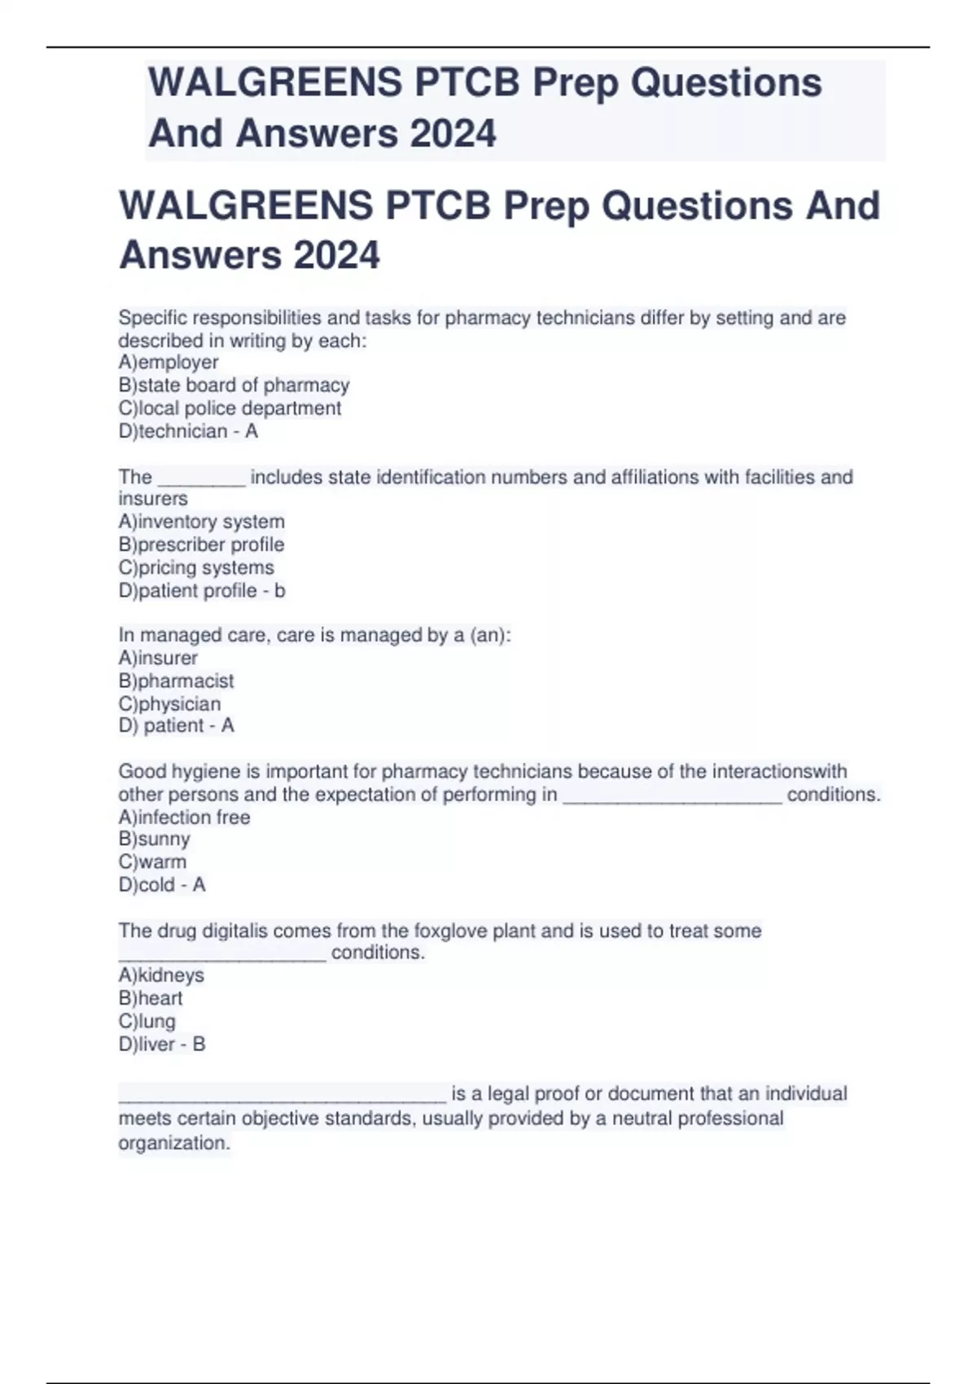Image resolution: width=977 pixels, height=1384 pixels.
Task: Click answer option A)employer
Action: pyautogui.click(x=169, y=362)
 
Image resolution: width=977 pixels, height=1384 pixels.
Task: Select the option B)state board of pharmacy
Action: pyautogui.click(x=234, y=385)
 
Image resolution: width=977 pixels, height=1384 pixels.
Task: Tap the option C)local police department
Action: pyautogui.click(x=230, y=408)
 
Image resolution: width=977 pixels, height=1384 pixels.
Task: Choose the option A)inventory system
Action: pyautogui.click(x=201, y=521)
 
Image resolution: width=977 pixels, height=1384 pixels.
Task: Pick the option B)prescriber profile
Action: pyautogui.click(x=201, y=544)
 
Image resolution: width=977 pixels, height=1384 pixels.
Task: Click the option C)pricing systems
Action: pyautogui.click(x=196, y=567)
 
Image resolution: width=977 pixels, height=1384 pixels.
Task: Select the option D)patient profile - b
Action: pyautogui.click(x=202, y=590)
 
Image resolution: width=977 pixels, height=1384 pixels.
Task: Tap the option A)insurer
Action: pyautogui.click(x=158, y=658)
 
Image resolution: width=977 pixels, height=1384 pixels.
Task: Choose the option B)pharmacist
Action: pyautogui.click(x=176, y=681)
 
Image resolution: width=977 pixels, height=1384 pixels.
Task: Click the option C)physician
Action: pyautogui.click(x=169, y=703)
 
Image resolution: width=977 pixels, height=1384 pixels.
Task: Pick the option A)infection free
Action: pyautogui.click(x=184, y=817)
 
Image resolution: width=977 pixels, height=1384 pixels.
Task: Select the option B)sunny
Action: pyautogui.click(x=154, y=839)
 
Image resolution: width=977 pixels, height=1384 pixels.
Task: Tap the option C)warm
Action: pyautogui.click(x=152, y=861)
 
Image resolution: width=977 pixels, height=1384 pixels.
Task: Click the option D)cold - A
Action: pyautogui.click(x=162, y=884)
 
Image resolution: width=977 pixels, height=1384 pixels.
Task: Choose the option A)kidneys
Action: pyautogui.click(x=161, y=974)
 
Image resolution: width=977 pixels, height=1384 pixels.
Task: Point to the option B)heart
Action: pyautogui.click(x=151, y=998)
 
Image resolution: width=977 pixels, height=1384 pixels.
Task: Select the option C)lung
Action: pyautogui.click(x=147, y=1021)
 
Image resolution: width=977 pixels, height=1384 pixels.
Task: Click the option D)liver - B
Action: pyautogui.click(x=162, y=1044)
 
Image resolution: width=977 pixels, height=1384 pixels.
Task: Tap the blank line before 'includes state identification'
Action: pyautogui.click(x=201, y=480)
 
